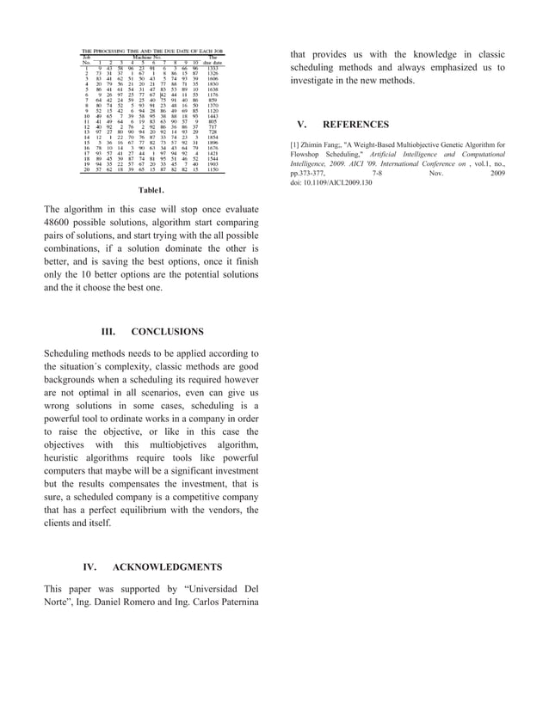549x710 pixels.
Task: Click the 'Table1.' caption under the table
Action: tap(151, 190)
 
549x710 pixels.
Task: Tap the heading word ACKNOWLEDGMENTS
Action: tap(167, 567)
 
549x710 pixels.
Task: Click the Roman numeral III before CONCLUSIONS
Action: tap(108, 331)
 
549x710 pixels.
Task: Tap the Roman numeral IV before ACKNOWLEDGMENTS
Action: tap(89, 567)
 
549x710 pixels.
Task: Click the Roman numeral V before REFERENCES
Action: tap(300, 125)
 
